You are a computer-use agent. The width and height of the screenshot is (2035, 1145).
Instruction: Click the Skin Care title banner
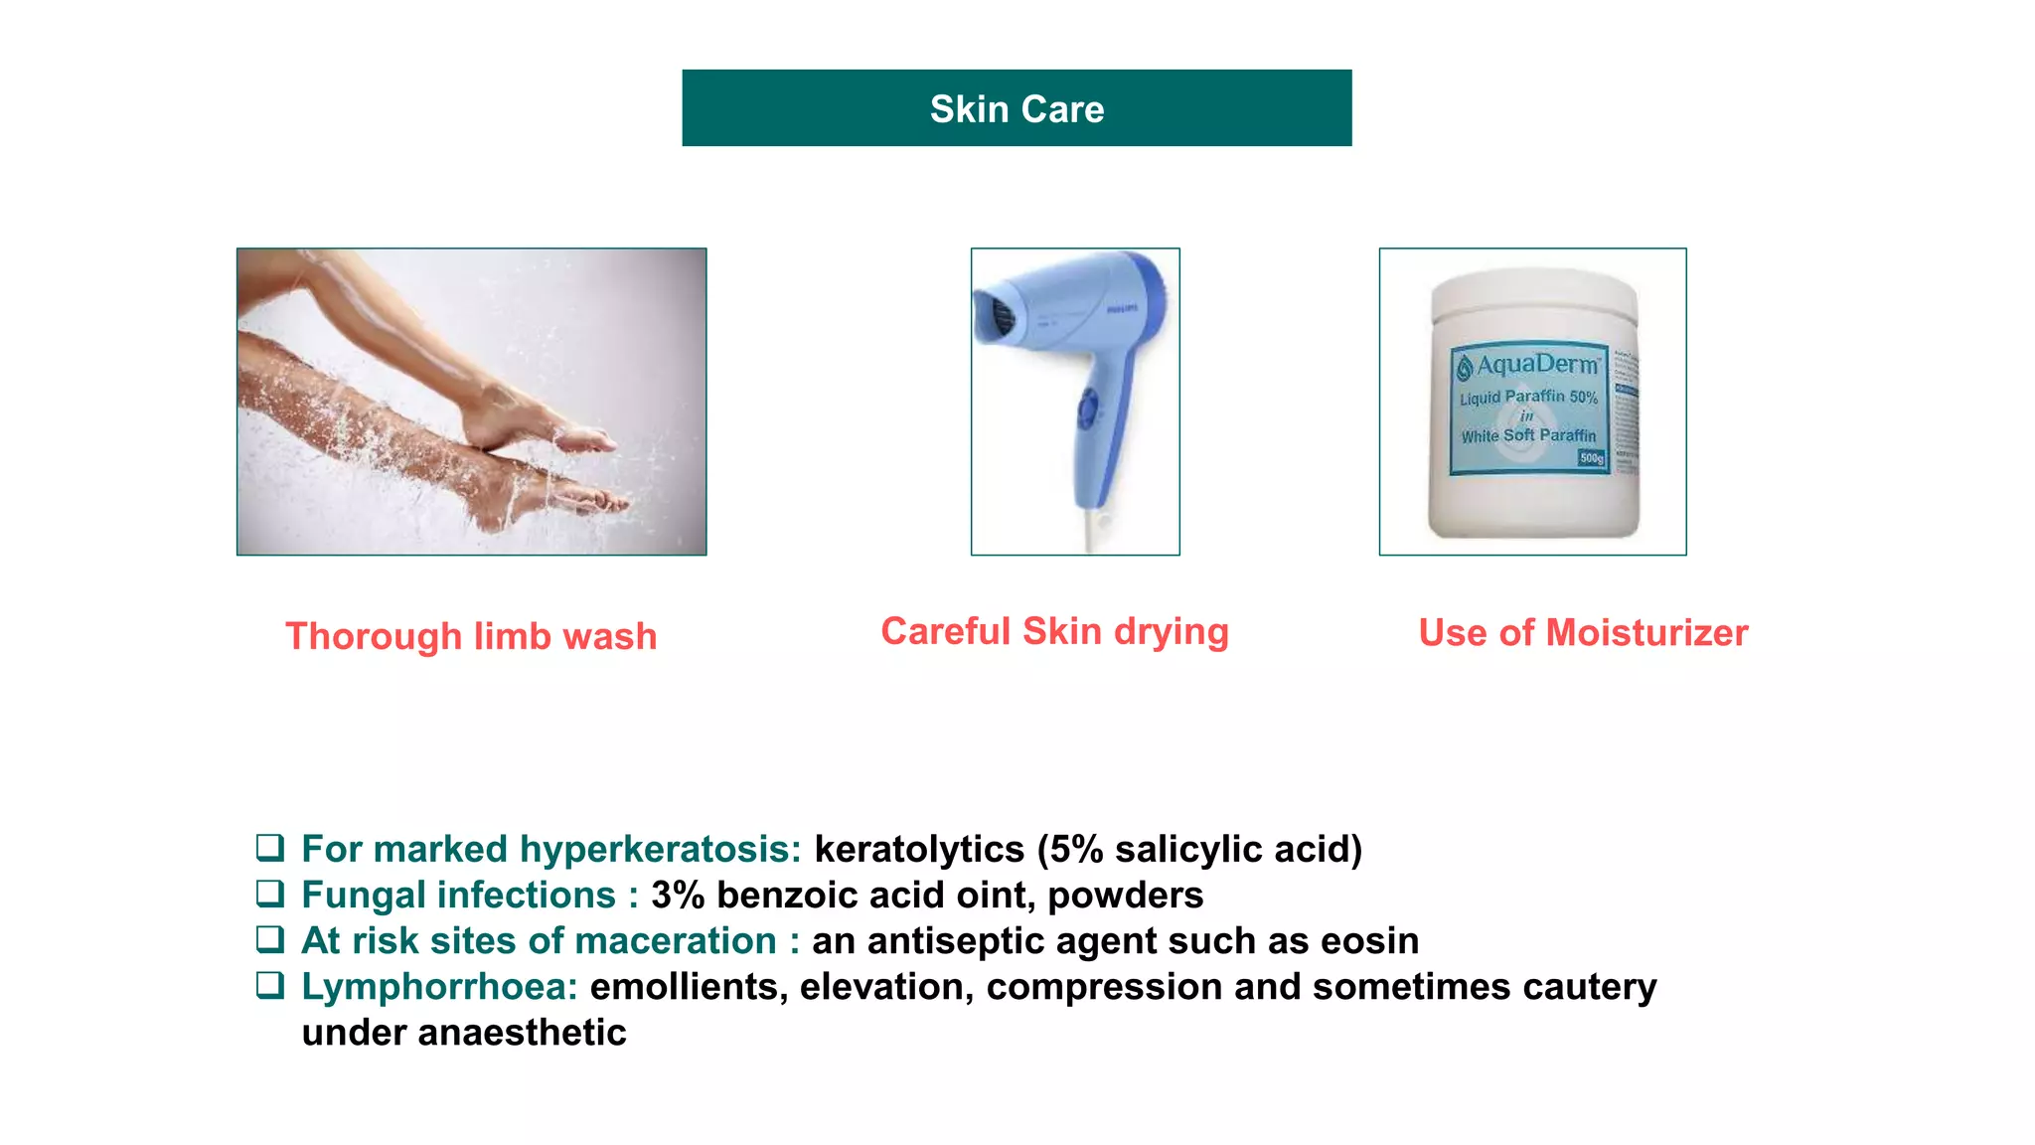coord(1017,108)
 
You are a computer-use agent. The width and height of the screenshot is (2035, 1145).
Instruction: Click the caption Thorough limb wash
coord(471,636)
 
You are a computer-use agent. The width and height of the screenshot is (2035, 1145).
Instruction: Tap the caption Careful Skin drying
coord(1054,632)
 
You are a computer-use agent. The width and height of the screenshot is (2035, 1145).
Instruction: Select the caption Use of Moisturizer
coord(1583,633)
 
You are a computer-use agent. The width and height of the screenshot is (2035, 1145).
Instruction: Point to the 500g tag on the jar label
coord(1591,458)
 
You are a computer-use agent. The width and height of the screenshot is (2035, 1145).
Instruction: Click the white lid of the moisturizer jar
coord(1533,298)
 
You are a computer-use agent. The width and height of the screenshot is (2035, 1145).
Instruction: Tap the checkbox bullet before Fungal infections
coord(270,894)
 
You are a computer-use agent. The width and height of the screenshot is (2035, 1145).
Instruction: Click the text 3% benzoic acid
coord(790,896)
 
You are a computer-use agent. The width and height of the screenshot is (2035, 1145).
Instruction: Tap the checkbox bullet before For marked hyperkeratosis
coord(270,848)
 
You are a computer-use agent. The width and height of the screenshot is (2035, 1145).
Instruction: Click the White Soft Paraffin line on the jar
coord(1528,435)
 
